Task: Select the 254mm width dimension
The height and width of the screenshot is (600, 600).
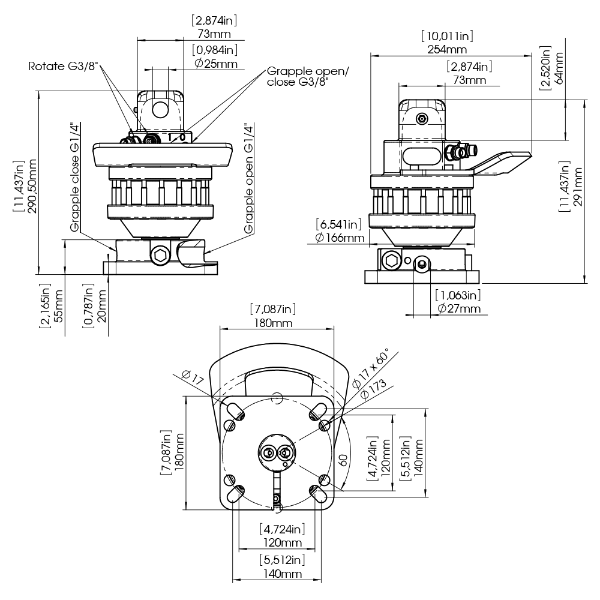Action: pos(446,48)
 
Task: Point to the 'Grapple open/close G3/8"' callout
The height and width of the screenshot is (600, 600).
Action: pos(307,78)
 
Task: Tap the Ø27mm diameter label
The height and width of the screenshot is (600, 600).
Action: pos(459,309)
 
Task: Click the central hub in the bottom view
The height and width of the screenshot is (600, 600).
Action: pos(277,455)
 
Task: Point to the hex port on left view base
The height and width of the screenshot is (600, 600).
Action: pos(161,255)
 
